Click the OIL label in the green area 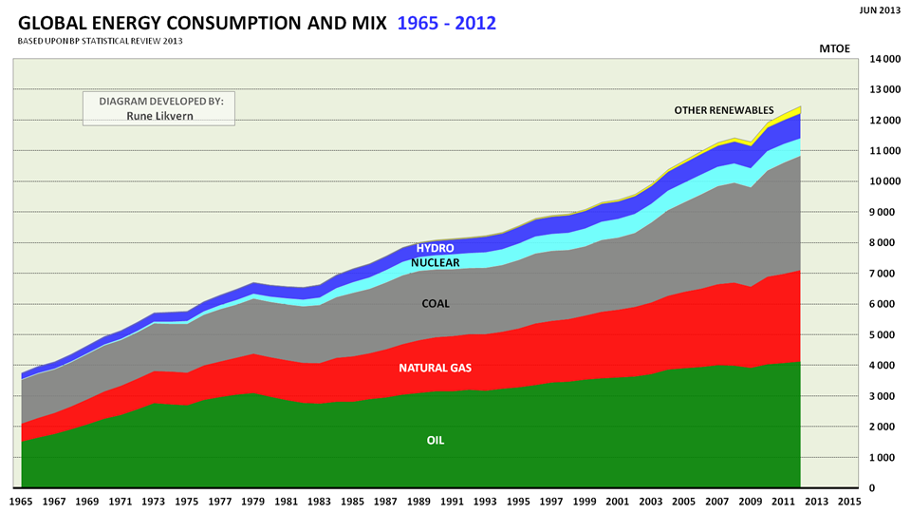435,441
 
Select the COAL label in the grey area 436,304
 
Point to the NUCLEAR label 436,262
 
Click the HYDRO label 435,248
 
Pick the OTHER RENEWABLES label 724,110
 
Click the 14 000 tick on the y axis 882,59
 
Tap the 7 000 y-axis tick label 885,274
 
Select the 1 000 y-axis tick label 885,458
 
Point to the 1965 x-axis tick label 21,500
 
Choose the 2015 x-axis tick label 849,500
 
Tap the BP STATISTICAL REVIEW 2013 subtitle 123,41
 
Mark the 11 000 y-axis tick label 882,151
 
